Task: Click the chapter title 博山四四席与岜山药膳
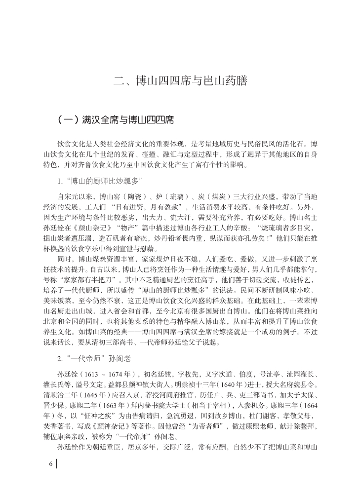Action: click(x=180, y=80)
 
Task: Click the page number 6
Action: click(x=50, y=464)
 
